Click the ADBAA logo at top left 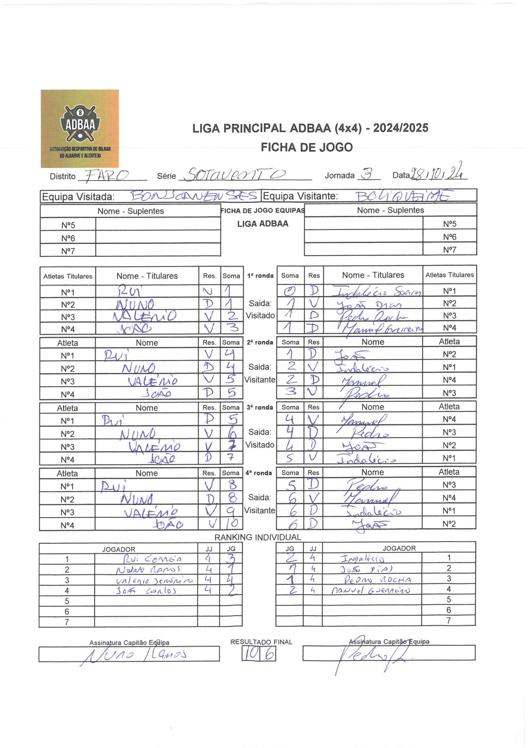click(80, 128)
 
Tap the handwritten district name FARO click(107, 175)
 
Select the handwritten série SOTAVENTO click(236, 174)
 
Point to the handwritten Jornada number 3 click(366, 174)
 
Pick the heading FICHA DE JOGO click(306, 147)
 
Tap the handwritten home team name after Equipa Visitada click(193, 196)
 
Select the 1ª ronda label click(260, 276)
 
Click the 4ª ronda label click(259, 473)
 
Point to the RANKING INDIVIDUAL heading click(258, 537)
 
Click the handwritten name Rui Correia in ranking click(153, 559)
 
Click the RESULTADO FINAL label click(261, 642)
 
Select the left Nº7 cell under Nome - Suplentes click(68, 251)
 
